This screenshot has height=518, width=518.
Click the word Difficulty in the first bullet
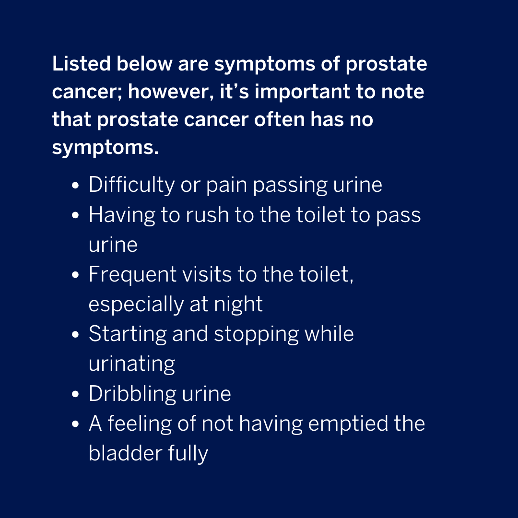pyautogui.click(x=131, y=185)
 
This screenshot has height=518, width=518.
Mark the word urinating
pyautogui.click(x=131, y=364)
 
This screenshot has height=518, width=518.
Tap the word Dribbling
pyautogui.click(x=132, y=394)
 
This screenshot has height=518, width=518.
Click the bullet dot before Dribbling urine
pyautogui.click(x=75, y=395)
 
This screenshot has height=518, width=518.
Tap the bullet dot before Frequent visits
pyautogui.click(x=75, y=275)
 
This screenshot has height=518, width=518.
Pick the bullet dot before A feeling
pyautogui.click(x=75, y=424)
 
